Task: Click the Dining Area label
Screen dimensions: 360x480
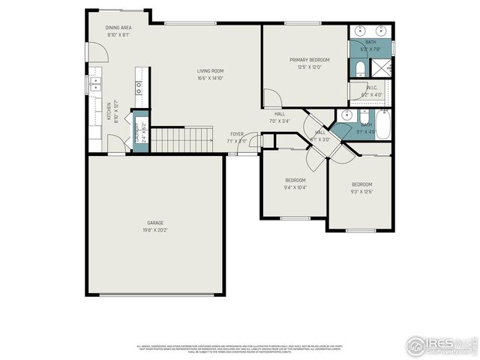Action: pos(119,28)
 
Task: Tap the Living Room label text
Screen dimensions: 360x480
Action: pos(211,70)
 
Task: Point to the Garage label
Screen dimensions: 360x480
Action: pos(155,223)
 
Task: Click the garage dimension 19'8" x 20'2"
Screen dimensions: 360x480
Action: pos(155,230)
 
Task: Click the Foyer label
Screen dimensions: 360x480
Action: pos(237,133)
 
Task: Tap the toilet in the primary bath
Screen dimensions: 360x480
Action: pos(359,70)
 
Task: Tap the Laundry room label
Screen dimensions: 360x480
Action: pos(138,133)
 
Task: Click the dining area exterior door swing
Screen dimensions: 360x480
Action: pos(96,52)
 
